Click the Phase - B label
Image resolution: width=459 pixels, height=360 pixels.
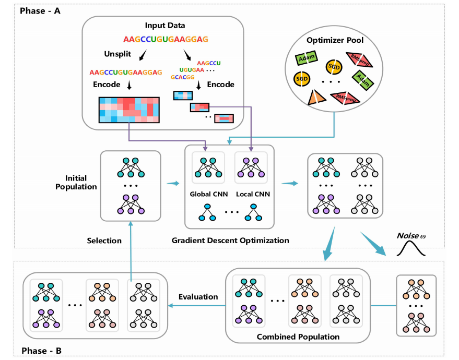(40, 351)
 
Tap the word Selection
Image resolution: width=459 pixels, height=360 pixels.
(104, 241)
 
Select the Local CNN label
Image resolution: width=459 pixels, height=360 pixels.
(252, 194)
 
